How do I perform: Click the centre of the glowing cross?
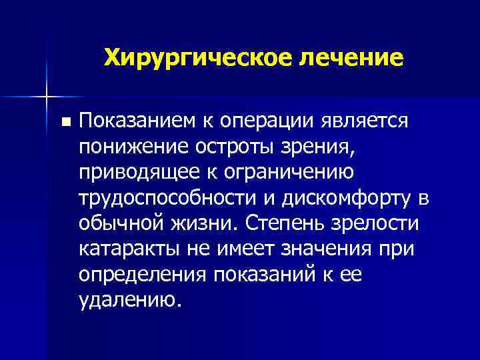pyautogui.click(x=47, y=96)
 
